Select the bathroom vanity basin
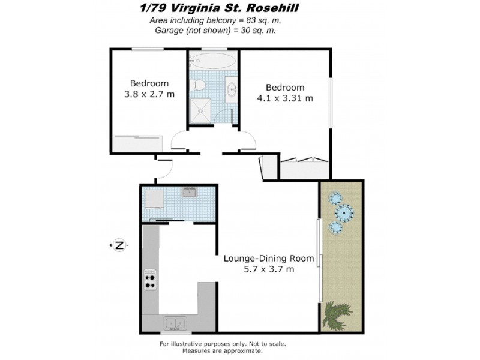pyautogui.click(x=231, y=90)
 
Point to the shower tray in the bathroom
pyautogui.click(x=200, y=111)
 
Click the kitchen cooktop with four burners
pyautogui.click(x=150, y=280)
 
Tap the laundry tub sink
pyautogui.click(x=190, y=193)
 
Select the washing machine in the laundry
pyautogui.click(x=153, y=199)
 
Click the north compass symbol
pyautogui.click(x=119, y=245)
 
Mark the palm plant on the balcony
pyautogui.click(x=338, y=315)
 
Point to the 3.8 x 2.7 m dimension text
pyautogui.click(x=149, y=94)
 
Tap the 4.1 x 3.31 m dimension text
pyautogui.click(x=285, y=98)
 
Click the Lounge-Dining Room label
pyautogui.click(x=269, y=259)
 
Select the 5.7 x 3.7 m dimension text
pyautogui.click(x=269, y=269)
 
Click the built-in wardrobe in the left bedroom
pyautogui.click(x=138, y=144)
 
